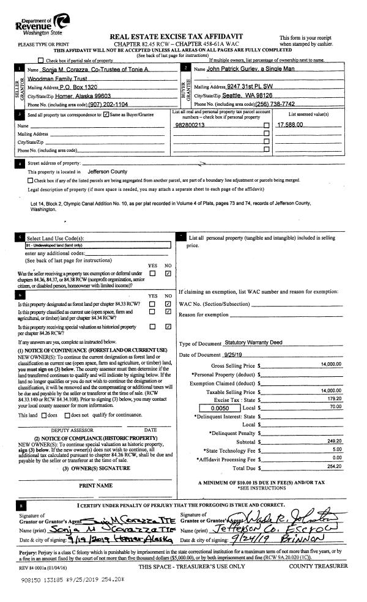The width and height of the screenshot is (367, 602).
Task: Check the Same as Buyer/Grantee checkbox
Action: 106,114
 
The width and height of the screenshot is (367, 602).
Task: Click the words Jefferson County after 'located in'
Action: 107,173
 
